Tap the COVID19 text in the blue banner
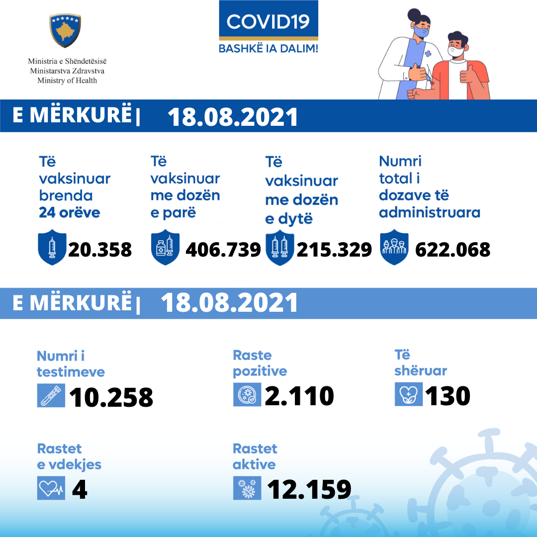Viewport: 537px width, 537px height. coord(268,21)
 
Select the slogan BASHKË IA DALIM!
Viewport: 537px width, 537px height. coord(268,48)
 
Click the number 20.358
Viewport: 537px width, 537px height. coord(100,249)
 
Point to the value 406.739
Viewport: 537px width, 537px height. coord(223,249)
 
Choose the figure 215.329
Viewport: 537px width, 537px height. coord(334,249)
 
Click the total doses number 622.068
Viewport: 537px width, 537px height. coord(452,249)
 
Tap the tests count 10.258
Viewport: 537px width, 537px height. coord(111,397)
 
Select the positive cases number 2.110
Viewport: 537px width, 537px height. coord(299,396)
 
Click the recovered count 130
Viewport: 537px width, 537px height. coord(447,396)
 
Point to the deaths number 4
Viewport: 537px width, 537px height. coord(80,489)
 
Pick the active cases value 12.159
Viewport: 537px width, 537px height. coord(309,489)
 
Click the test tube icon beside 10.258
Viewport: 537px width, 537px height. coord(51,396)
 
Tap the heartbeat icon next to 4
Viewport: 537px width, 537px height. coord(51,488)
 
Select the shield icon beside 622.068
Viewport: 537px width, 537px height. coord(394,247)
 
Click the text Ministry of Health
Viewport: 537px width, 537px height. coord(67,81)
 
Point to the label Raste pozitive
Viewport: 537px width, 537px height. coord(260,363)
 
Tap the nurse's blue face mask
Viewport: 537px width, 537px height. coord(422,32)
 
